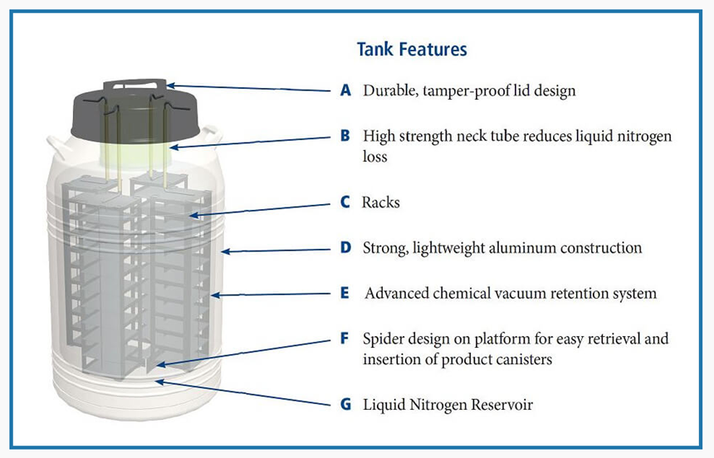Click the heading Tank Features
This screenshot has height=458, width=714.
[412, 49]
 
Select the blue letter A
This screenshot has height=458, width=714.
[346, 90]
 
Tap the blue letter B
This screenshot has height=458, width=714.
[346, 135]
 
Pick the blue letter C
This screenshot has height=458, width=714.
[346, 202]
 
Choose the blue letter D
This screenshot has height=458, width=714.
[346, 247]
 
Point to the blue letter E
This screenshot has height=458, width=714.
[346, 293]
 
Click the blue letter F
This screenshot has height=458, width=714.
[346, 339]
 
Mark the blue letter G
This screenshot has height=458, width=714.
[346, 405]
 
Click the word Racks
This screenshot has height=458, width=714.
[381, 202]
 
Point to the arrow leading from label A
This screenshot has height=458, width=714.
[249, 88]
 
